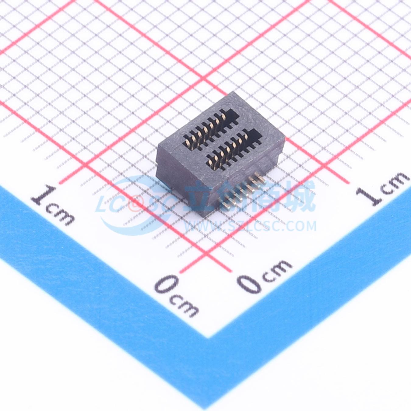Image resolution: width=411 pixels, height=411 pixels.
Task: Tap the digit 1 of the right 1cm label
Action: (x=369, y=197)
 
